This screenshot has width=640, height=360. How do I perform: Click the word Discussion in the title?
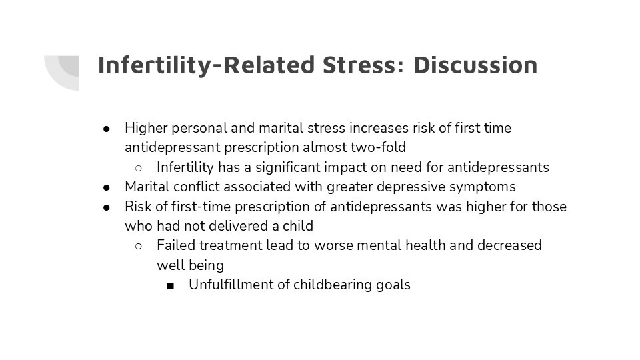pos(475,65)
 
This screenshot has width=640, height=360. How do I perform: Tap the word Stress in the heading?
pos(359,65)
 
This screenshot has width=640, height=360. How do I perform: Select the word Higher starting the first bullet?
pos(146,129)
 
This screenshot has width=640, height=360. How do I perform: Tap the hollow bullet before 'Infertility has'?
pos(139,168)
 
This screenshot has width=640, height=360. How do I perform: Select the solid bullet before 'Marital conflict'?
pos(107,188)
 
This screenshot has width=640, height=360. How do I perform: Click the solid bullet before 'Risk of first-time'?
pos(107,207)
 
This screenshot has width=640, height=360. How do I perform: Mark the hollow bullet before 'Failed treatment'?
pos(139,246)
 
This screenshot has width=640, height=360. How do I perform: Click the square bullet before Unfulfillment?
pos(171,286)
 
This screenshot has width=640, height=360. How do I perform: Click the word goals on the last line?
pos(393,285)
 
